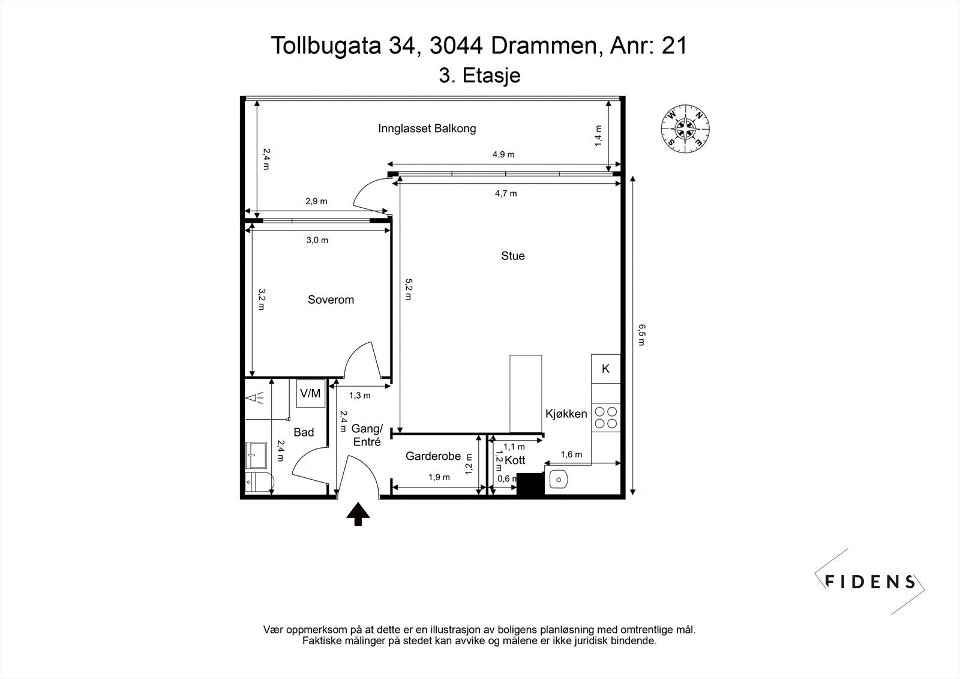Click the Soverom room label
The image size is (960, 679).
pyautogui.click(x=331, y=300)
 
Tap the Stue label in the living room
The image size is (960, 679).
pyautogui.click(x=513, y=256)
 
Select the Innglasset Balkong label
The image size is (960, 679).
pyautogui.click(x=427, y=128)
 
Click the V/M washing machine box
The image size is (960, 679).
pyautogui.click(x=311, y=393)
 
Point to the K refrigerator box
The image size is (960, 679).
pyautogui.click(x=605, y=369)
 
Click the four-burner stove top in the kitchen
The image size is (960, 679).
pyautogui.click(x=606, y=418)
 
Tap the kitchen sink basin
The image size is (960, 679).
pyautogui.click(x=559, y=480)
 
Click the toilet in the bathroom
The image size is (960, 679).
pyautogui.click(x=260, y=483)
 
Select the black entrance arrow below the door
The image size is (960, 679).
pyautogui.click(x=358, y=514)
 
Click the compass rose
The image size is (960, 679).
pyautogui.click(x=685, y=128)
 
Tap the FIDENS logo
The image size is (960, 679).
pyautogui.click(x=869, y=582)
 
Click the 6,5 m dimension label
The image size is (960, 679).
pyautogui.click(x=641, y=334)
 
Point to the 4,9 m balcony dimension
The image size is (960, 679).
pyautogui.click(x=503, y=154)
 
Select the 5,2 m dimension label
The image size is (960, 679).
pyautogui.click(x=409, y=289)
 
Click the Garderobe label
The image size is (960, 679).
pyautogui.click(x=433, y=456)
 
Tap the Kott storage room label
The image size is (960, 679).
pyautogui.click(x=515, y=460)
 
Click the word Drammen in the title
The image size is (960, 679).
pyautogui.click(x=544, y=46)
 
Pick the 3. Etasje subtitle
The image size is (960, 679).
pyautogui.click(x=479, y=76)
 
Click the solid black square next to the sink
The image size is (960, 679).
pyautogui.click(x=530, y=484)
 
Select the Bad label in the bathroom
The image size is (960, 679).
pyautogui.click(x=304, y=432)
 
